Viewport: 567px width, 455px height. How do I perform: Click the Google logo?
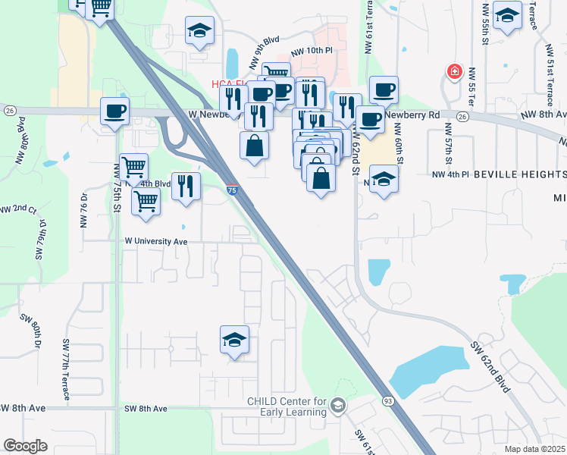tap(25, 445)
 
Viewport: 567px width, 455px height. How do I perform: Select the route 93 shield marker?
tap(388, 400)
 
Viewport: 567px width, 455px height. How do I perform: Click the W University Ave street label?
tap(156, 241)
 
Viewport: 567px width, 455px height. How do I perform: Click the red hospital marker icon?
tap(454, 72)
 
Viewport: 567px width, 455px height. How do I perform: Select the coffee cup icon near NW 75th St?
tap(115, 111)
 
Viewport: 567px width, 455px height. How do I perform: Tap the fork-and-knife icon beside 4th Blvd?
tap(186, 184)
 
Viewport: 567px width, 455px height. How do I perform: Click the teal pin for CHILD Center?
tap(338, 408)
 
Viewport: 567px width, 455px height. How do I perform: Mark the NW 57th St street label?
tap(448, 151)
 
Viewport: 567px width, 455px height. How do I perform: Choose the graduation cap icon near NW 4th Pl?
tap(384, 180)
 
